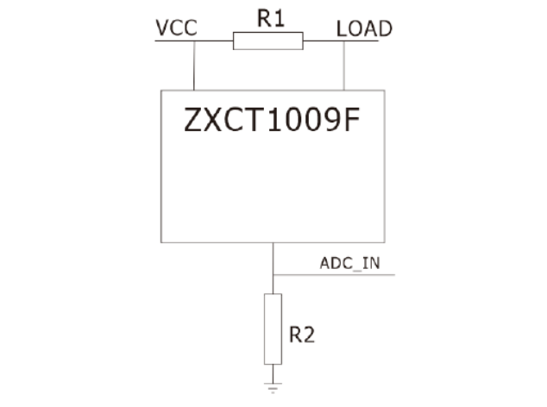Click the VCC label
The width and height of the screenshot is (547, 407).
[x=176, y=28]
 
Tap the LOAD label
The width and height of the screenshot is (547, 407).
[x=363, y=28]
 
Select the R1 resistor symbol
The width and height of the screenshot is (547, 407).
[x=268, y=41]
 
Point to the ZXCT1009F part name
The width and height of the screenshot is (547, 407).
[x=271, y=122]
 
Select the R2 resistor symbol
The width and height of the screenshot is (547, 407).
[x=273, y=329]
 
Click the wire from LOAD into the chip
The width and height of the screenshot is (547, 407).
[x=345, y=65]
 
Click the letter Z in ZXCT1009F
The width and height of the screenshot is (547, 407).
[x=194, y=122]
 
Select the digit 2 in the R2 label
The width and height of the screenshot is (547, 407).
[x=308, y=335]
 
